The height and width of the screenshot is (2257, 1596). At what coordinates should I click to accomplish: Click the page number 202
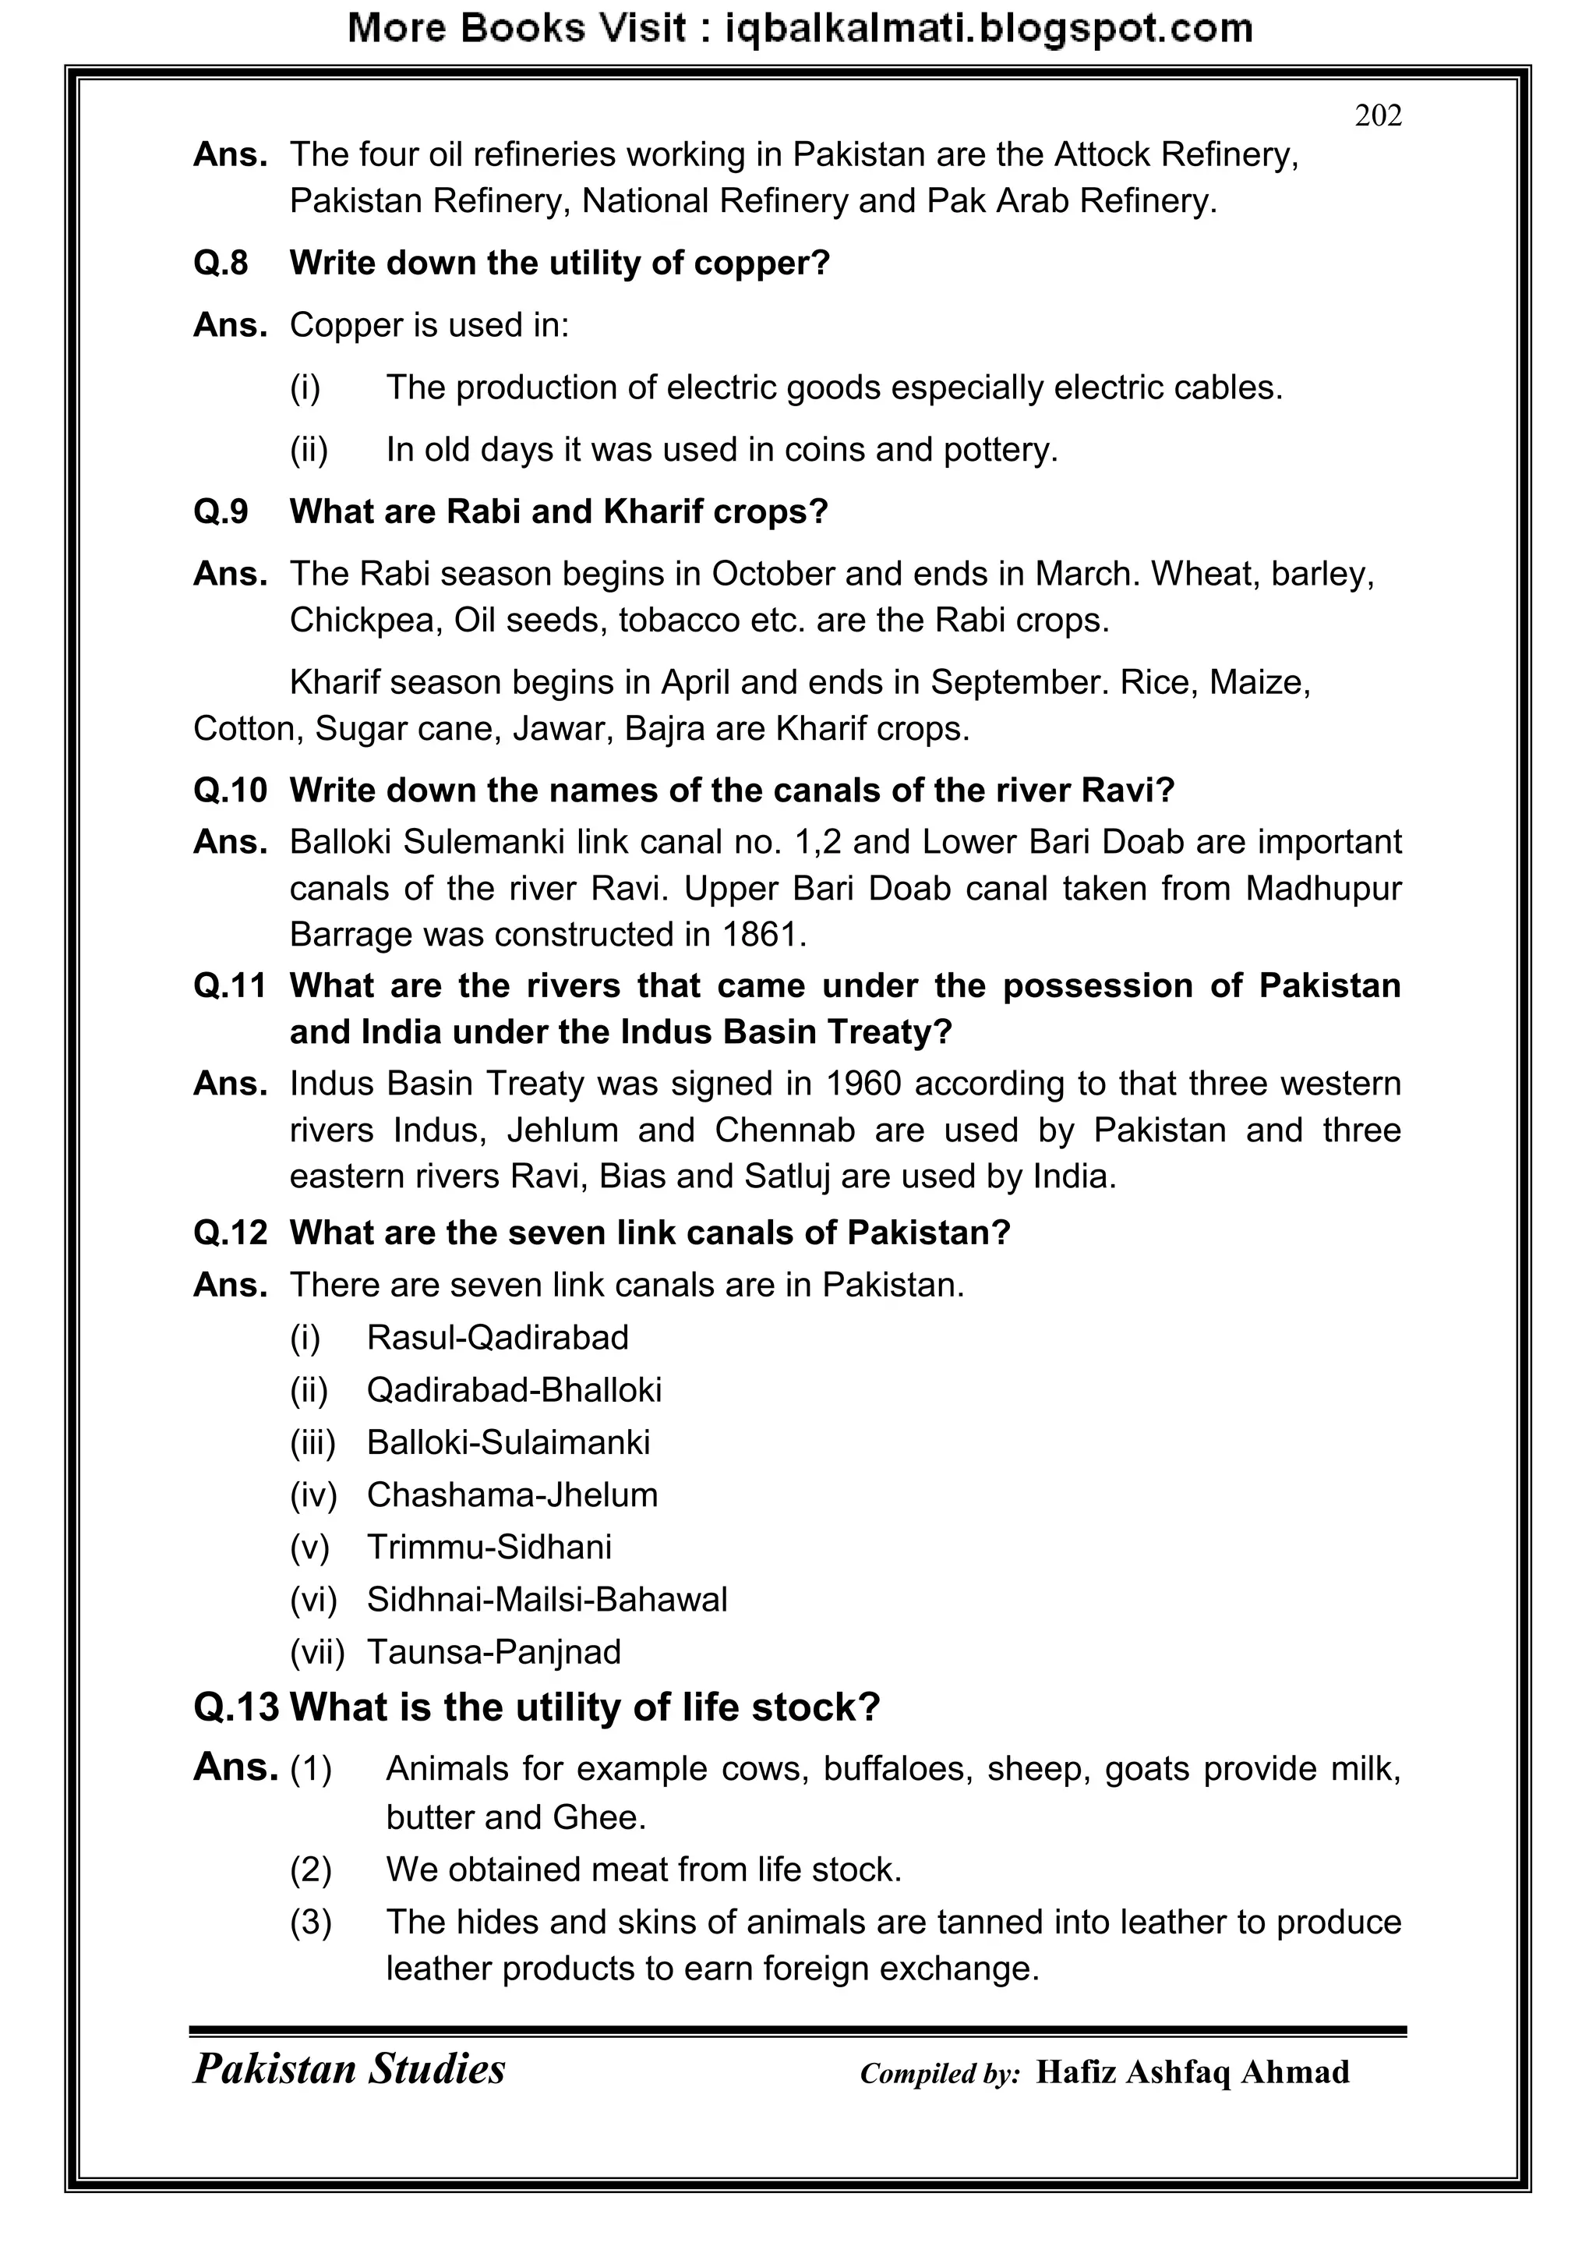point(1378,116)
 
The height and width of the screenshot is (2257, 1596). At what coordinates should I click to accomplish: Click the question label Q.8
point(221,263)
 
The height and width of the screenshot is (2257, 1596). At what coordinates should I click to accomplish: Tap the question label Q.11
point(230,986)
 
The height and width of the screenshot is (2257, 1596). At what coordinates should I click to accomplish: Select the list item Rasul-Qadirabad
point(497,1337)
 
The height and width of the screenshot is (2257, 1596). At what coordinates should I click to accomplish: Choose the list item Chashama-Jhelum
point(512,1495)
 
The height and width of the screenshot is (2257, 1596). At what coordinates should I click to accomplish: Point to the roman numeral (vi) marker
point(313,1599)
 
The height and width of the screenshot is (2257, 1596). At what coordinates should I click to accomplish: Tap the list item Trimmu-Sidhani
point(489,1546)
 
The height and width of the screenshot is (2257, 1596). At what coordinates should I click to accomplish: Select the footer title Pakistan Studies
point(349,2068)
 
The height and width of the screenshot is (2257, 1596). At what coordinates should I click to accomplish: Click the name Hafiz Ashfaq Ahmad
point(1192,2072)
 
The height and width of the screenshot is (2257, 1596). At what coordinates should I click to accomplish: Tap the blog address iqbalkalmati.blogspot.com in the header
point(989,29)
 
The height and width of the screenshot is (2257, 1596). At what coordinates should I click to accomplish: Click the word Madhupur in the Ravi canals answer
point(1322,888)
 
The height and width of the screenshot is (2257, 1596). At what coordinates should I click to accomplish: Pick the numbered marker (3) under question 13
point(311,1922)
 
